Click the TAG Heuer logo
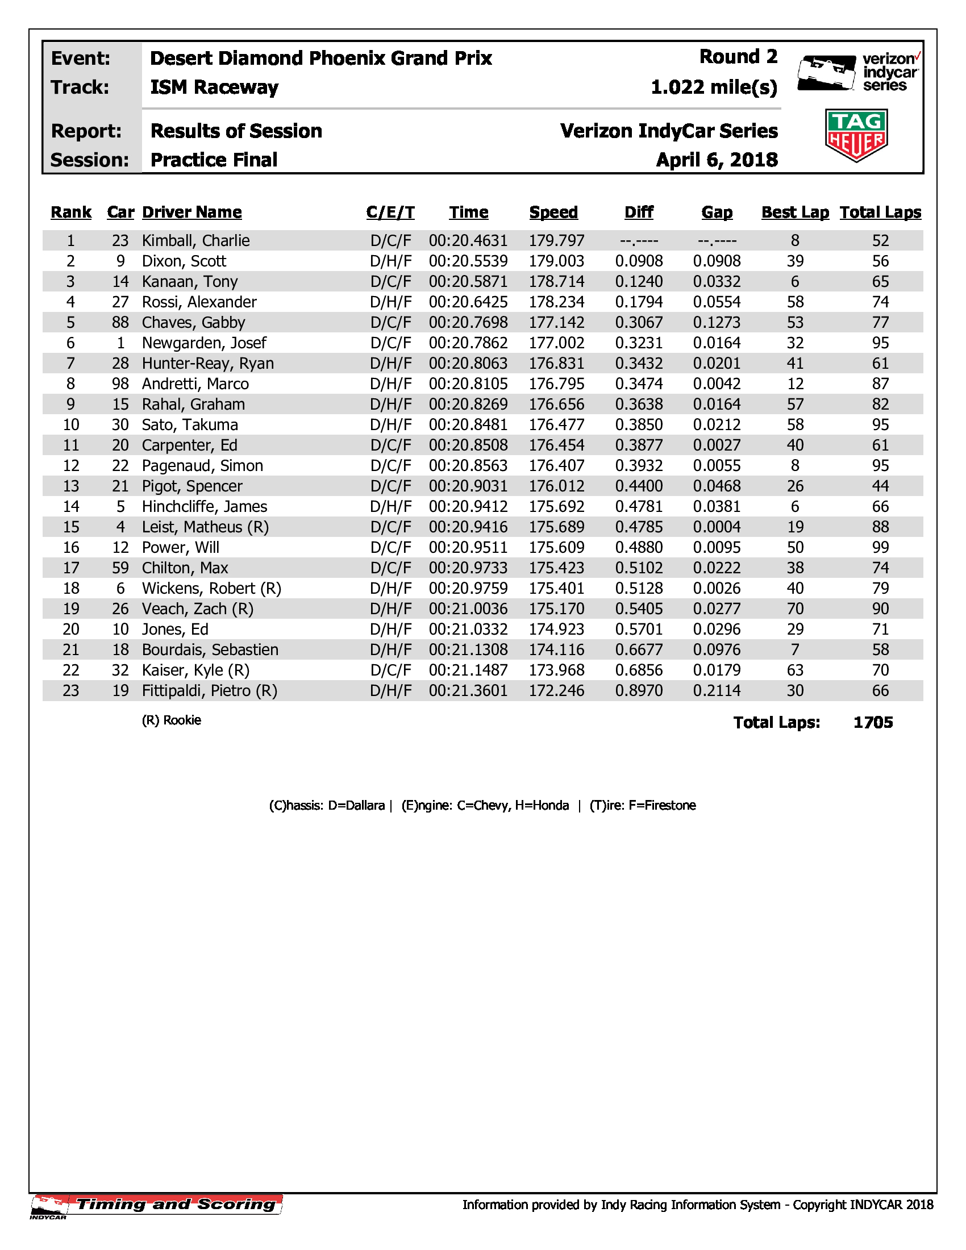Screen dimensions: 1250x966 tap(856, 136)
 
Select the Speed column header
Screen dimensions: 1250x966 tap(553, 213)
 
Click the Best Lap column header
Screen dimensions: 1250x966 tap(795, 213)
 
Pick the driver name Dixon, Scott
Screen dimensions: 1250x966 tap(184, 261)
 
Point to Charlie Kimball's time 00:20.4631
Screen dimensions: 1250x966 tap(468, 241)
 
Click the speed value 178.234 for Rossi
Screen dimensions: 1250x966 tap(556, 302)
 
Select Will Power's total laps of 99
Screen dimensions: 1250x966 tap(880, 548)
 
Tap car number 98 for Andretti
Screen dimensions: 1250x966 tap(120, 384)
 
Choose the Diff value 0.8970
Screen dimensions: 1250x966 tap(639, 691)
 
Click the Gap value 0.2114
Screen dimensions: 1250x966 tap(717, 691)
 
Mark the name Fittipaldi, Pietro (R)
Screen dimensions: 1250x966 tap(210, 691)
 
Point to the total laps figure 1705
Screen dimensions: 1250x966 tap(873, 723)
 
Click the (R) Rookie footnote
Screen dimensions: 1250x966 tap(171, 720)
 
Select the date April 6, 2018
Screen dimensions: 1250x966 tap(717, 160)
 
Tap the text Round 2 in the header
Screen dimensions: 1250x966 tap(738, 57)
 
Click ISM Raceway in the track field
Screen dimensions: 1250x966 tap(214, 88)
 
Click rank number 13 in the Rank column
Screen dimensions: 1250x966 tap(71, 486)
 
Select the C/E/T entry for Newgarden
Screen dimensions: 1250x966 tap(391, 343)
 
